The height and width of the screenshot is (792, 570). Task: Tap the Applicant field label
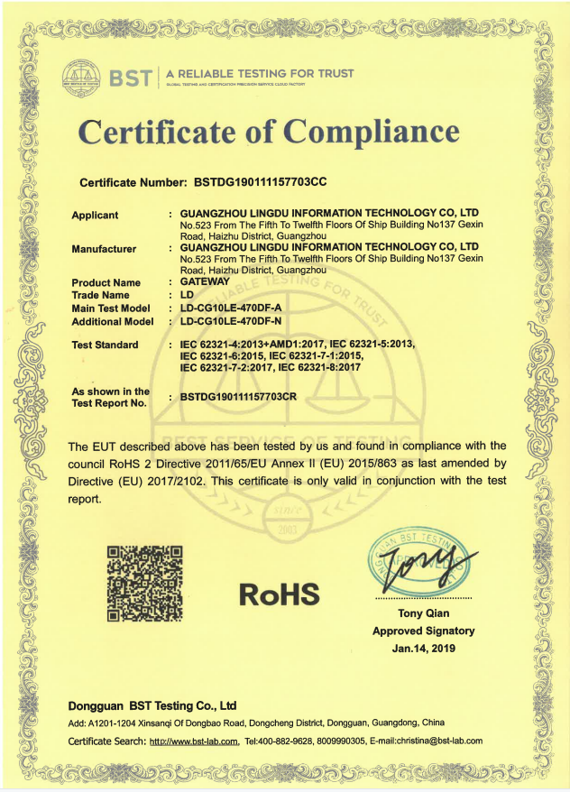95,215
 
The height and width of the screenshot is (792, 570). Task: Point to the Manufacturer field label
104,248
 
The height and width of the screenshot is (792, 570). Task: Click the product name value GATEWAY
206,282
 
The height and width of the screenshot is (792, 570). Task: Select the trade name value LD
188,295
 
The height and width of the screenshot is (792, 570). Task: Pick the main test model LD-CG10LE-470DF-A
230,308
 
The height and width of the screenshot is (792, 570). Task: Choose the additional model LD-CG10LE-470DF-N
230,320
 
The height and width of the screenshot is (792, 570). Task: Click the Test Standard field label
105,345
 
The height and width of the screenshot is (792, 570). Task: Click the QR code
145,583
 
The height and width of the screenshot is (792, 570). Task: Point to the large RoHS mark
280,593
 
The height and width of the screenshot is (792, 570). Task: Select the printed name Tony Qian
423,615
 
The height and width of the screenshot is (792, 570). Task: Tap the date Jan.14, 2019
423,648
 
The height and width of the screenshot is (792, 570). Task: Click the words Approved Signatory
423,631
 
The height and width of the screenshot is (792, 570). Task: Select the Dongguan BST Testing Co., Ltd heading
152,705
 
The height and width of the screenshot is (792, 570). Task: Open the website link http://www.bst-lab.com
193,741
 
